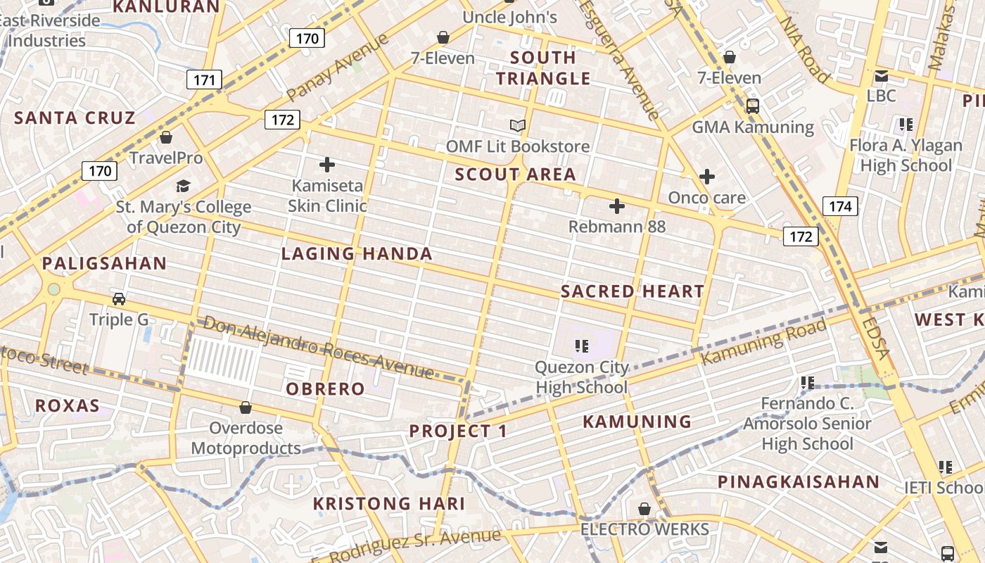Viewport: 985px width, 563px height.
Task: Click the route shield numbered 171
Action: coord(204,80)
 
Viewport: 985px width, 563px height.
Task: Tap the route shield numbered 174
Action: coord(840,206)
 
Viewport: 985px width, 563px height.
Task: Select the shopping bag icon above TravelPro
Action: coord(166,137)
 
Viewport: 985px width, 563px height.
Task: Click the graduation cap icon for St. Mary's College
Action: coord(183,186)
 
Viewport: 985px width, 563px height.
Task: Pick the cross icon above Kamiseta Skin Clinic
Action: coord(327,165)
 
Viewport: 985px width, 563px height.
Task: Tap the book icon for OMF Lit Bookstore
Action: coord(518,125)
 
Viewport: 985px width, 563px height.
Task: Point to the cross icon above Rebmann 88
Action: coord(617,206)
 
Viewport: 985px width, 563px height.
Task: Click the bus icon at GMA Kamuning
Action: coord(753,106)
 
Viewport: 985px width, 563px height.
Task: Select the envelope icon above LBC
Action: coord(882,76)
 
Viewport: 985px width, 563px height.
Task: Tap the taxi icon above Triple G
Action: coord(119,299)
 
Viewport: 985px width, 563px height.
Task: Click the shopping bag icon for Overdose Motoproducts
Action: coord(246,407)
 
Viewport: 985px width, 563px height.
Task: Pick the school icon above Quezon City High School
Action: coord(581,346)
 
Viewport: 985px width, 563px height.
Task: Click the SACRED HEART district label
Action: coord(633,291)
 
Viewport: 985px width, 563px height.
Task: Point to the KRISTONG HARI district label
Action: coord(389,504)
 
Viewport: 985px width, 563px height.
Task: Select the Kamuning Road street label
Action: coord(764,341)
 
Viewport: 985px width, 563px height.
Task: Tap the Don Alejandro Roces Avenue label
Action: coord(318,348)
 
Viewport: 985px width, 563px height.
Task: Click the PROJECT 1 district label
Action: coord(458,431)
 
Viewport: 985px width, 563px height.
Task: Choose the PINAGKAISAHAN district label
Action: coord(799,482)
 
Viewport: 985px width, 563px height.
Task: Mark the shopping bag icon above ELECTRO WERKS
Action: coord(644,509)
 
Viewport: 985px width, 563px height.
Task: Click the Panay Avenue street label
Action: coord(338,68)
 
